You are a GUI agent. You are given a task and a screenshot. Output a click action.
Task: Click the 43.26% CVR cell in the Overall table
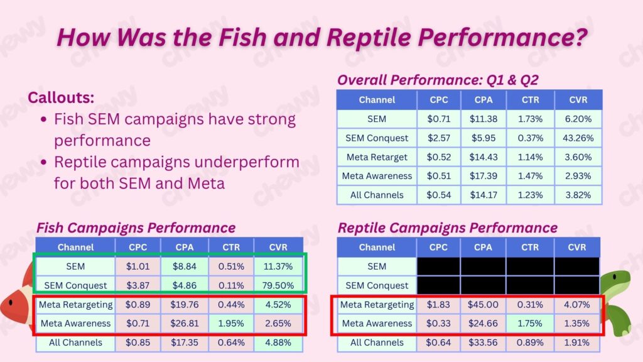click(x=578, y=138)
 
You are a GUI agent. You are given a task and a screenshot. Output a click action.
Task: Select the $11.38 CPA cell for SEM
click(x=483, y=118)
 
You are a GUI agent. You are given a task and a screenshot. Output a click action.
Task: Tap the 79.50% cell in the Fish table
click(x=278, y=285)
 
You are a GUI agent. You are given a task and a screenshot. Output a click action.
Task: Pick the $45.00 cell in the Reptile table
click(x=483, y=305)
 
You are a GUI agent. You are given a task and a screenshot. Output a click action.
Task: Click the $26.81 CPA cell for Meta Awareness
click(x=184, y=324)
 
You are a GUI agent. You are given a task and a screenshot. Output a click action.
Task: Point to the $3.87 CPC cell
click(x=138, y=285)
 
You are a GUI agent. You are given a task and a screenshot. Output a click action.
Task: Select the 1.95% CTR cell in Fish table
click(x=230, y=324)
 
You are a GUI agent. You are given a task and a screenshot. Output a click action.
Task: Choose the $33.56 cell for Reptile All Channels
click(x=483, y=343)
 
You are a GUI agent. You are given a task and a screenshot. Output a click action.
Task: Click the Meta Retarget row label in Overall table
click(x=377, y=156)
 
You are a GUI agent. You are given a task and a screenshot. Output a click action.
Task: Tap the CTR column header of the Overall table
click(x=531, y=99)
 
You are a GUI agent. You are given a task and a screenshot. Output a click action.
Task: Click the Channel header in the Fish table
click(x=75, y=247)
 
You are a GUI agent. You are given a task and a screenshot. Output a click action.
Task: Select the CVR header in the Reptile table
click(x=576, y=247)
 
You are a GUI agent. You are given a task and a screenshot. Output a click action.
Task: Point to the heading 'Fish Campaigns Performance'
click(x=136, y=228)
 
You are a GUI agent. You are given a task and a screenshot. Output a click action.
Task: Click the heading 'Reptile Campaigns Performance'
click(x=448, y=228)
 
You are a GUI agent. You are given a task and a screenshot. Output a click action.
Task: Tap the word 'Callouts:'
click(x=60, y=98)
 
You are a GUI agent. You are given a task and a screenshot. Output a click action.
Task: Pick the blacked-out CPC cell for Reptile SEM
click(x=439, y=266)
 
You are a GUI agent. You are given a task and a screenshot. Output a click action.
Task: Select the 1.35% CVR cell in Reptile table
click(x=576, y=324)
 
